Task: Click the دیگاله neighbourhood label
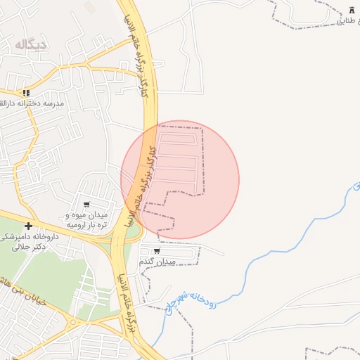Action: [31, 45]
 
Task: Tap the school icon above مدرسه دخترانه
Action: [26, 92]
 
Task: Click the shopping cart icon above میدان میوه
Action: [86, 205]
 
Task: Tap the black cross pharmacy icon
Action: [28, 226]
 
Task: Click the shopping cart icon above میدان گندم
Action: [156, 250]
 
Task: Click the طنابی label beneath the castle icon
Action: [348, 21]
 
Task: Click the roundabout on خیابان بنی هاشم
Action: [71, 323]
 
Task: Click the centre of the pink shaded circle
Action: [180, 180]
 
